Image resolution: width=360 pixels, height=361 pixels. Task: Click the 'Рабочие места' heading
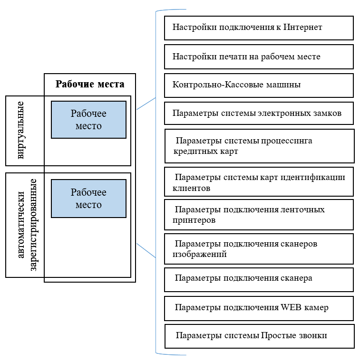point(90,85)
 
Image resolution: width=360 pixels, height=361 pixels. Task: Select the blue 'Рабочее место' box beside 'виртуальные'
point(88,120)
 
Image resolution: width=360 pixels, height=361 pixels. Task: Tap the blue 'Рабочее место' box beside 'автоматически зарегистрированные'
point(88,199)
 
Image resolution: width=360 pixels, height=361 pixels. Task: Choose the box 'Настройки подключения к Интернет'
point(259,28)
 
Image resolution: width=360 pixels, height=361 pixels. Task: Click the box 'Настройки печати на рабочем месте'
point(259,57)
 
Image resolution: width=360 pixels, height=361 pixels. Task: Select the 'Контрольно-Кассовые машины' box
point(259,85)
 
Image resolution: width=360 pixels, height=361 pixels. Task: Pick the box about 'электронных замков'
point(259,114)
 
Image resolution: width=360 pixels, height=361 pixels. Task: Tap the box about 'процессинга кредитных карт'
point(260,146)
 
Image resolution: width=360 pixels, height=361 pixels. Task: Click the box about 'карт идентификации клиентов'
point(259,182)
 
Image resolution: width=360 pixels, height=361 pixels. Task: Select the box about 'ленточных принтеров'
point(259,215)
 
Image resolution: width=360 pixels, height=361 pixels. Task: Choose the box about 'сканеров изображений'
point(259,248)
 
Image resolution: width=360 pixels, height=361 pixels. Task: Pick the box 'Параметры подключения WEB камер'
point(259,308)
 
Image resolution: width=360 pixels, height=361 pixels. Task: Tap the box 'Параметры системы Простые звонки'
point(260,336)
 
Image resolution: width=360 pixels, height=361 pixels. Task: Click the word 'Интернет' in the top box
point(303,28)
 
